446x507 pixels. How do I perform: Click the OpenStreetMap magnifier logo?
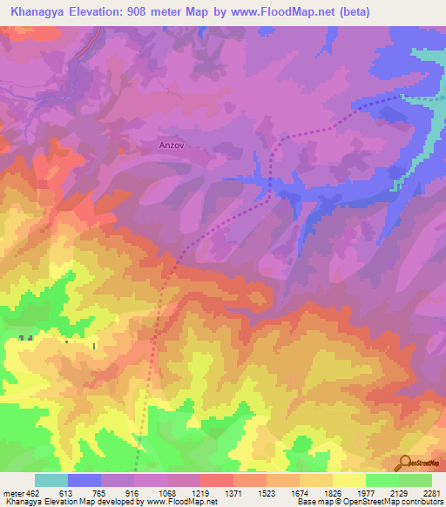[402, 463]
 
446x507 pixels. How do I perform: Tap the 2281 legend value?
[432, 493]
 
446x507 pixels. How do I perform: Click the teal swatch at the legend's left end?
[51, 480]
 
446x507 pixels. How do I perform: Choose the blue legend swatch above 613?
[84, 480]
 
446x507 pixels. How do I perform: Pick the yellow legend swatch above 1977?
[348, 480]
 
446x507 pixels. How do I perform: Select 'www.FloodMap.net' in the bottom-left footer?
[182, 503]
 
